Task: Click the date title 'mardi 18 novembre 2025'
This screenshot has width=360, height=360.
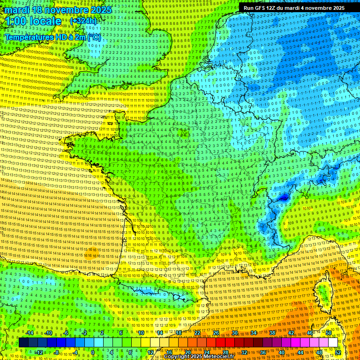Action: [58, 10]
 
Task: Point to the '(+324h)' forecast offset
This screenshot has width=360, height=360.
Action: [83, 21]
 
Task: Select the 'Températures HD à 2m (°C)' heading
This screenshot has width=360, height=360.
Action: [52, 37]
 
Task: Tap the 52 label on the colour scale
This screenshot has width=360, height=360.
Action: [338, 352]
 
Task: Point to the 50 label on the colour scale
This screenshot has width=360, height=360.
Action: [328, 333]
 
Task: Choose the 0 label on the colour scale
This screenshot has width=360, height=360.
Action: [92, 352]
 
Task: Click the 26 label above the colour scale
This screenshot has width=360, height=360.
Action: [216, 333]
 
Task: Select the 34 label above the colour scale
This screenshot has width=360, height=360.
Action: [254, 333]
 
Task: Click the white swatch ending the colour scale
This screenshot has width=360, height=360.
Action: [333, 343]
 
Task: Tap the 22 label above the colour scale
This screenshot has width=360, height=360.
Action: [197, 333]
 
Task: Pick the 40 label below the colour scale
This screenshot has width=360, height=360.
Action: [281, 352]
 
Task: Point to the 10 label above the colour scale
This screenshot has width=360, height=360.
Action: [141, 333]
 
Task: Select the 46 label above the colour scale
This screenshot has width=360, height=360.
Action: [309, 333]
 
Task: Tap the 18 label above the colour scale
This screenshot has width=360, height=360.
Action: [179, 333]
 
